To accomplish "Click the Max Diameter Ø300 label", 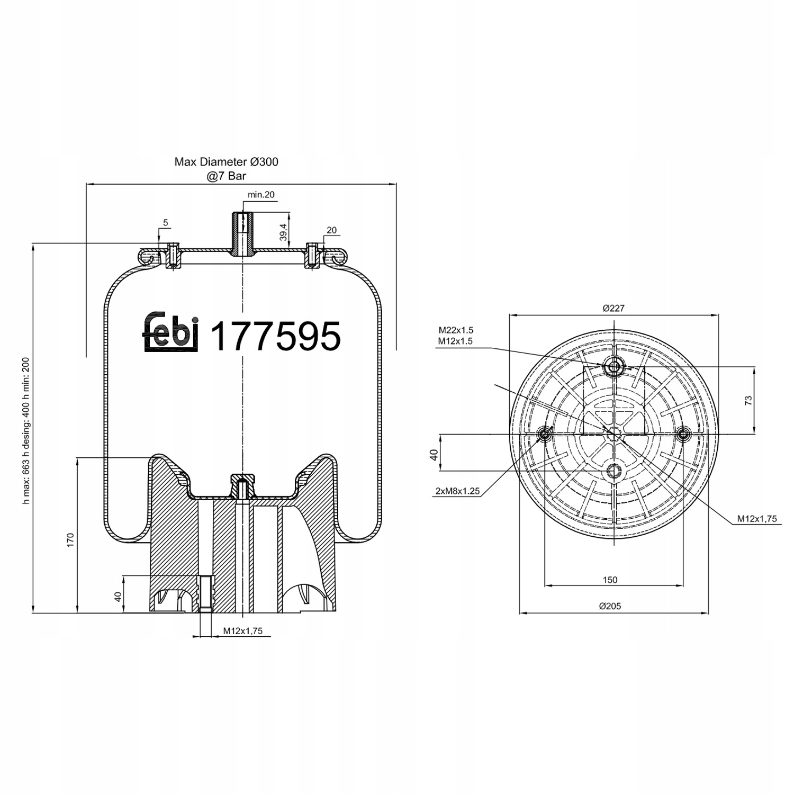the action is coord(226,162).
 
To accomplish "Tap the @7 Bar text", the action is coord(227,176).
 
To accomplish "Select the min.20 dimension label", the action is coord(261,195).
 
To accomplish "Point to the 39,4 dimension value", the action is coord(284,232).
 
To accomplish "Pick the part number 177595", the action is coord(275,336).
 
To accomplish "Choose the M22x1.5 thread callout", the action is coord(455,330).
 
